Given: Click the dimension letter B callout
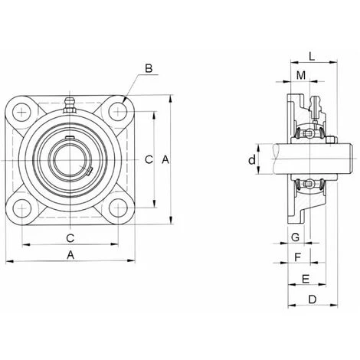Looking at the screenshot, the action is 149,68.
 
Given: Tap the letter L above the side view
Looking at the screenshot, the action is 312,56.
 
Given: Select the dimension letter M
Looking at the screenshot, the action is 301,75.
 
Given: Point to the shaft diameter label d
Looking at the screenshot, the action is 252,160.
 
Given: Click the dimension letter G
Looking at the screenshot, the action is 296,237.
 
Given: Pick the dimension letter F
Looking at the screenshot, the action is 298,257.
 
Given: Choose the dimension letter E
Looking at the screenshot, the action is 306,279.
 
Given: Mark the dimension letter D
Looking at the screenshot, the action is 313,299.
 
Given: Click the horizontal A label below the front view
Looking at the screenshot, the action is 70,255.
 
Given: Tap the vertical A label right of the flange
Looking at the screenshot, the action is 165,160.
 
